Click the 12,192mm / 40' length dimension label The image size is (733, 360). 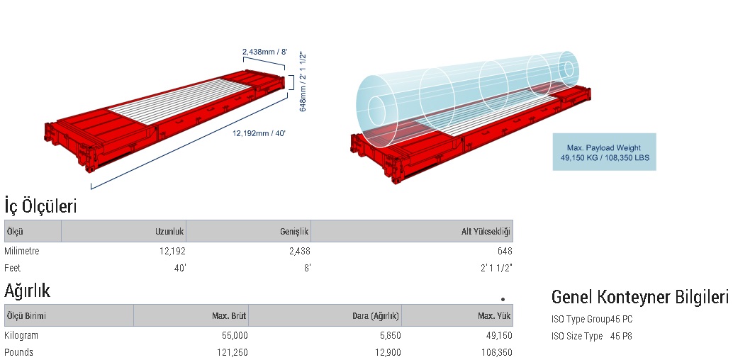[x=259, y=133]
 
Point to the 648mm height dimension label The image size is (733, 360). [x=303, y=81]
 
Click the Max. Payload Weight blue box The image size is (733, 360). [x=604, y=152]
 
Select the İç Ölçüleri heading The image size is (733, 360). [x=40, y=206]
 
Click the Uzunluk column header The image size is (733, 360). [x=170, y=232]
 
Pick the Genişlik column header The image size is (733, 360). [x=295, y=232]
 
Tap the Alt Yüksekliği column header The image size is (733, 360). [x=486, y=232]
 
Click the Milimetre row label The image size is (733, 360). [x=21, y=251]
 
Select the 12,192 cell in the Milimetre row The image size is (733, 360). [x=172, y=251]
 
